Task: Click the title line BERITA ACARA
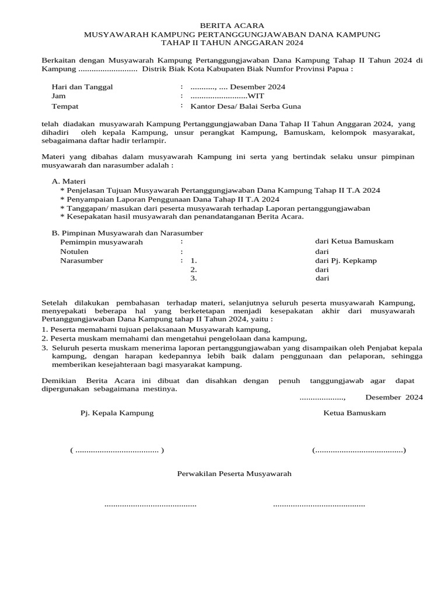232,26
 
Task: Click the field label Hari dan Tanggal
82,87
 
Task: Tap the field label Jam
58,96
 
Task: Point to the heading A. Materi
69,182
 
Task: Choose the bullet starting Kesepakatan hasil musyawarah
181,217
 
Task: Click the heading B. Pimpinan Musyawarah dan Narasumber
127,233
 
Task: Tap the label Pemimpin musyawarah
101,242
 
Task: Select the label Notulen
75,252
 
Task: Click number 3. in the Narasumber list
194,279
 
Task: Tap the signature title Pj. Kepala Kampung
117,413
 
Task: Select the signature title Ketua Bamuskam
355,413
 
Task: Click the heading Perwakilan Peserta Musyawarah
234,474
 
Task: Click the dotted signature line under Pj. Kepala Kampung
117,450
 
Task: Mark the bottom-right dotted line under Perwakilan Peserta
319,504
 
